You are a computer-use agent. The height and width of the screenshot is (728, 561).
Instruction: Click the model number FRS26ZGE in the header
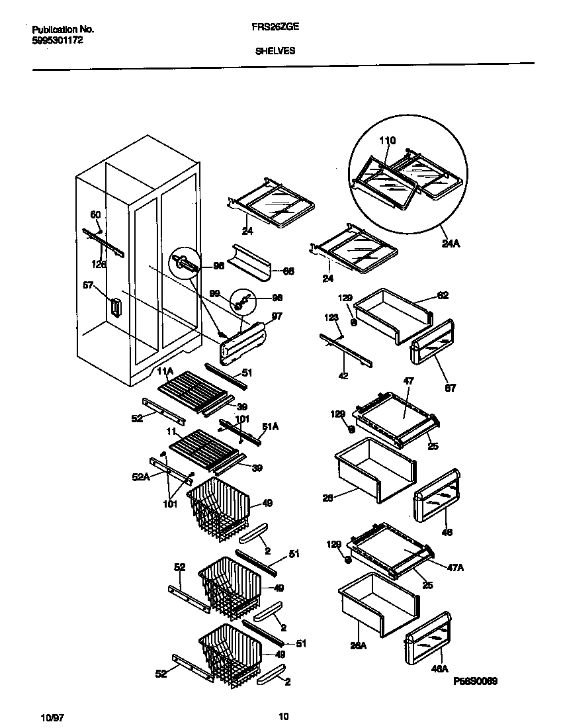pyautogui.click(x=275, y=29)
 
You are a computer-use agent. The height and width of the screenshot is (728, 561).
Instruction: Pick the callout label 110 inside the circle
pyautogui.click(x=387, y=140)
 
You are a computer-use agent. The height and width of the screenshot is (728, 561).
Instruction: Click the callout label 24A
pyautogui.click(x=451, y=243)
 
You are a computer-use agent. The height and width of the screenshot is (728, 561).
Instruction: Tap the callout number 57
pyautogui.click(x=88, y=285)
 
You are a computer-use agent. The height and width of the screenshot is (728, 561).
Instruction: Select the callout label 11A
pyautogui.click(x=165, y=371)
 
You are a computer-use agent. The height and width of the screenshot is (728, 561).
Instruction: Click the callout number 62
pyautogui.click(x=443, y=295)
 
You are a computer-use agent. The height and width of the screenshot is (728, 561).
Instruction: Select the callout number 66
pyautogui.click(x=288, y=271)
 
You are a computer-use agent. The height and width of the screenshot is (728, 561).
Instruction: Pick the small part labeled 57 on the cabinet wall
pyautogui.click(x=117, y=308)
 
